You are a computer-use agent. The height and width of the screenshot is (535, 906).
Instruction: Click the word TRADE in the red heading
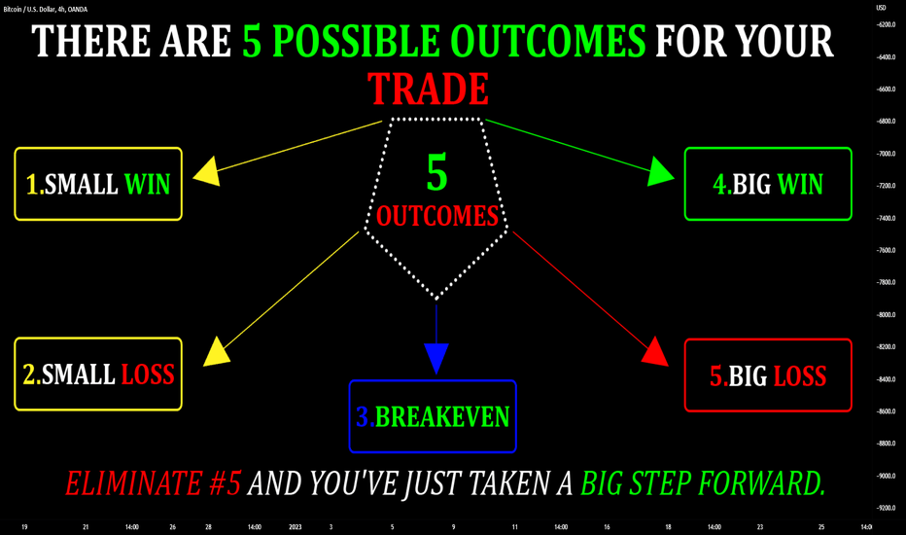(x=428, y=89)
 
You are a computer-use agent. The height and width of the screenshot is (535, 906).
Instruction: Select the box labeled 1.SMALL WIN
(x=98, y=184)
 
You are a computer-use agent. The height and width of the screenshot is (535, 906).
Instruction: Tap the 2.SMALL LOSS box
(x=98, y=374)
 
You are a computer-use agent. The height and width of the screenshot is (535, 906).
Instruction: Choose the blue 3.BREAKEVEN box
(x=433, y=416)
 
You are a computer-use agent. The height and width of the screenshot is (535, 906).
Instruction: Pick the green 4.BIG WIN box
(x=768, y=184)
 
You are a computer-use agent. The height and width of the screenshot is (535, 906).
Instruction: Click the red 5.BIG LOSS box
(x=768, y=375)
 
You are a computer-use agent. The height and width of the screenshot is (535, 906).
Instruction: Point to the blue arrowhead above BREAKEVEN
(x=436, y=358)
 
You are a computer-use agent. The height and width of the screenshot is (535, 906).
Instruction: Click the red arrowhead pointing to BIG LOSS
(x=656, y=352)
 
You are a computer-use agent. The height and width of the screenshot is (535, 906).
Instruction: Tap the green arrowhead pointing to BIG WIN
(x=660, y=171)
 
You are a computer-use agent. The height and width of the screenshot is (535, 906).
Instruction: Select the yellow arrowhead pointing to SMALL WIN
(x=207, y=171)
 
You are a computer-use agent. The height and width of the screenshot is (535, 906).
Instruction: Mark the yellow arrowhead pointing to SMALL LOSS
(x=217, y=352)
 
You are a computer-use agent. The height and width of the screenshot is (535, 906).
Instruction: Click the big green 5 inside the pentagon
(x=436, y=172)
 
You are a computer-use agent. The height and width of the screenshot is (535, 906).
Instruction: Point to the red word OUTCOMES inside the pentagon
(x=437, y=216)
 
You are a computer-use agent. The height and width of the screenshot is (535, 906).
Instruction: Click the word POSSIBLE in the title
(x=356, y=41)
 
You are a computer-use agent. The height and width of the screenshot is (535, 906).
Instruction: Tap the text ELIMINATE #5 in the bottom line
(x=154, y=483)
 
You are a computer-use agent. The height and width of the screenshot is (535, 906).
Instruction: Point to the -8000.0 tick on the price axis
(x=886, y=314)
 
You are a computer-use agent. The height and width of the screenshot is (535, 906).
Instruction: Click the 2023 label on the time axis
(x=296, y=527)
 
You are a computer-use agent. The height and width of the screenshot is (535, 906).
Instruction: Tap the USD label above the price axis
(x=881, y=8)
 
